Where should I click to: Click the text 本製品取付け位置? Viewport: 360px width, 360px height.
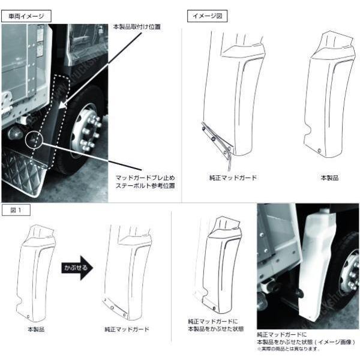tap(137, 28)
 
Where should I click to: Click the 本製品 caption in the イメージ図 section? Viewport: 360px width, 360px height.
tap(329, 178)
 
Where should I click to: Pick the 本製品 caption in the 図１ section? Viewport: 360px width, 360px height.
tap(35, 329)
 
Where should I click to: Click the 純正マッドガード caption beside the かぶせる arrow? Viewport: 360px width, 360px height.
tap(127, 329)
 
